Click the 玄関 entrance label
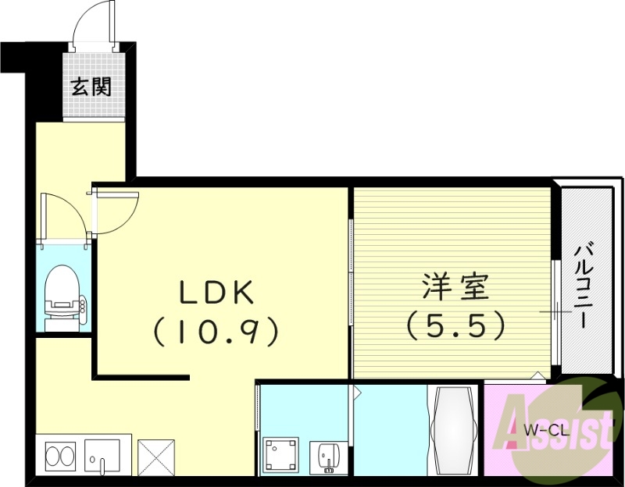coord(91,86)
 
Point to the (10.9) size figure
coord(216,332)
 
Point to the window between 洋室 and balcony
coord(556,312)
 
